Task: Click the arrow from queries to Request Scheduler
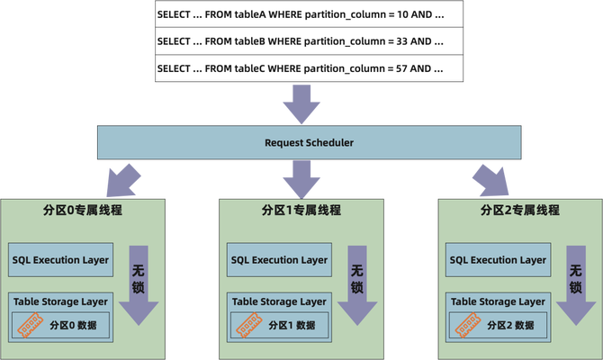coord(301,103)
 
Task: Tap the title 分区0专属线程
coord(83,211)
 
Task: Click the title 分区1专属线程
coord(301,211)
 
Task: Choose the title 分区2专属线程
coord(520,211)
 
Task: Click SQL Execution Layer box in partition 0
coord(60,260)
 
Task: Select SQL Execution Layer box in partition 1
coord(279,260)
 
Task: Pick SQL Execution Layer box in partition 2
coord(496,260)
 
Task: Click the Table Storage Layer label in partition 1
coord(279,302)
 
